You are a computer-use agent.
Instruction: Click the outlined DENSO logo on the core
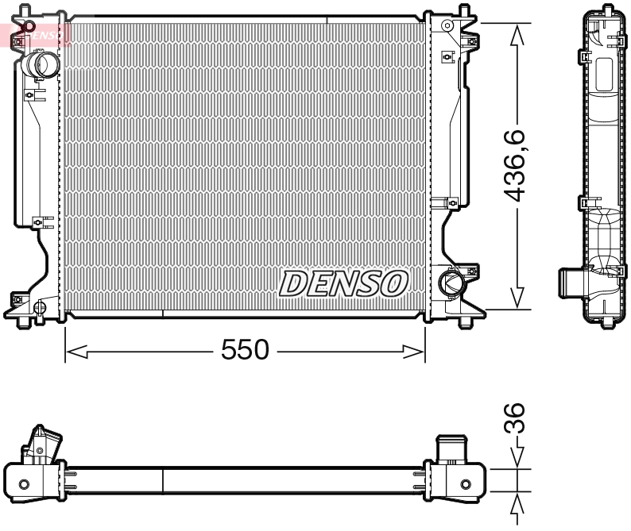(343, 283)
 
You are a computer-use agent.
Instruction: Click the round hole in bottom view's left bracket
(23, 483)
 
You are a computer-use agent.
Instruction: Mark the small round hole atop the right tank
(448, 26)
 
